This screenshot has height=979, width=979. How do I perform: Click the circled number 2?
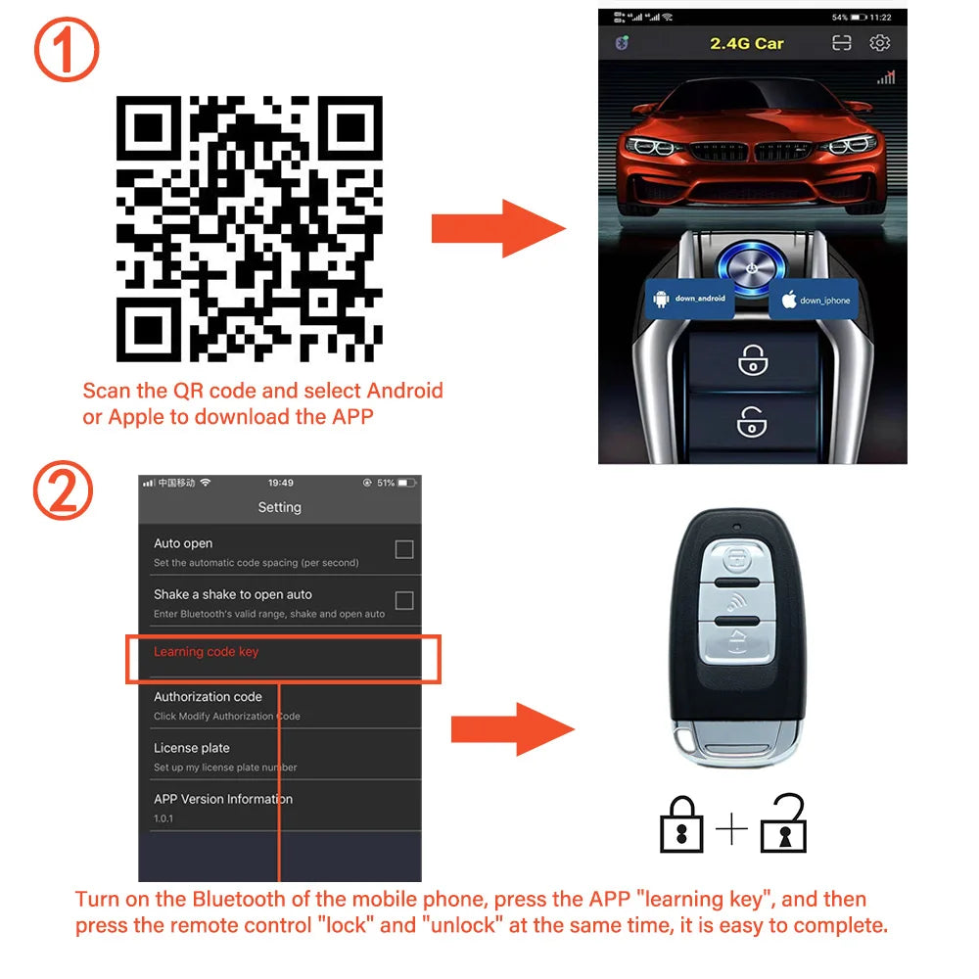[x=64, y=491]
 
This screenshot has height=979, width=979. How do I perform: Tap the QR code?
[x=249, y=228]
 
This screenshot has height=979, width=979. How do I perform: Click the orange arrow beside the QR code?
[x=497, y=229]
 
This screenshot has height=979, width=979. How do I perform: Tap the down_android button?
[x=691, y=298]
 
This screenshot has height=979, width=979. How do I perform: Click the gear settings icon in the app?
[x=880, y=43]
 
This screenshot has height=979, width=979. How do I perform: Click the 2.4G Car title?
[x=746, y=43]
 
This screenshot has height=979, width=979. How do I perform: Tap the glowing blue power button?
[x=750, y=267]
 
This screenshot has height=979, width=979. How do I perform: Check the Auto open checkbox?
[x=403, y=549]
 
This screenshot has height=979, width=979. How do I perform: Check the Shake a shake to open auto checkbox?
[x=403, y=600]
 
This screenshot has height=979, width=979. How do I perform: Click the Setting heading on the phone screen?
[x=279, y=507]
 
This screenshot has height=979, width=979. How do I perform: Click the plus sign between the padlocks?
[x=731, y=830]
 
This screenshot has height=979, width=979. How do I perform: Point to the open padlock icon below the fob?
[x=783, y=825]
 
